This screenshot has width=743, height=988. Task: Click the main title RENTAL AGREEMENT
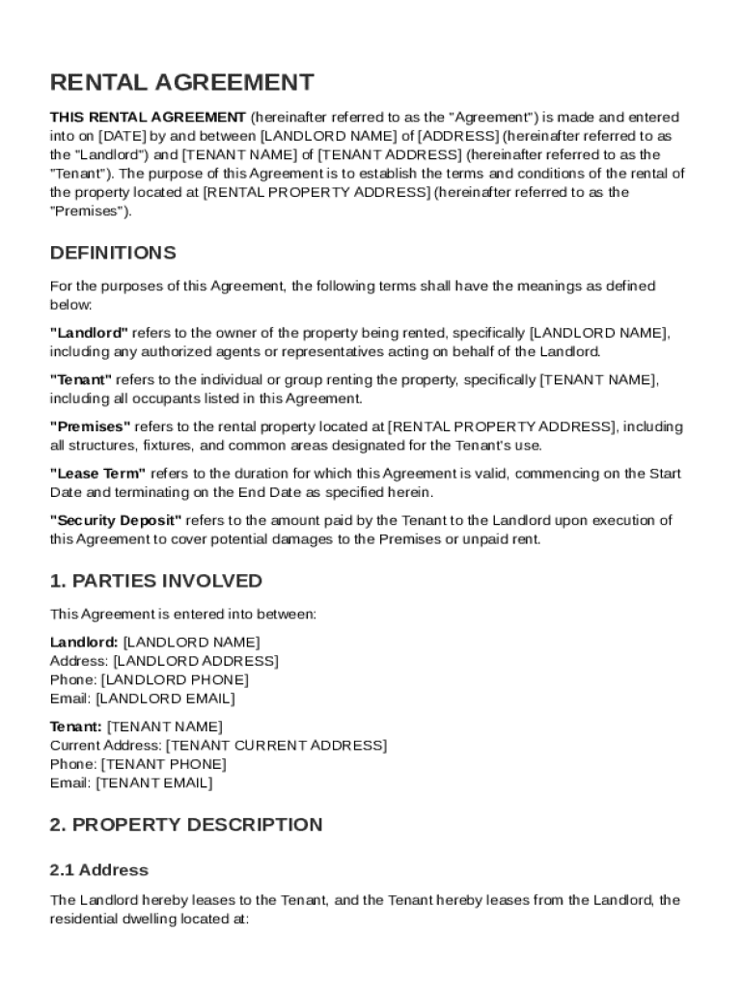181,83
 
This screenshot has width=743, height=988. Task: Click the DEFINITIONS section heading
113,253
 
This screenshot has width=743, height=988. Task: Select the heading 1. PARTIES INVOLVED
155,581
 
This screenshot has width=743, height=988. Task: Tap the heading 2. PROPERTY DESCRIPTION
186,825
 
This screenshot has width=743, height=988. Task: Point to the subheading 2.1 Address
98,870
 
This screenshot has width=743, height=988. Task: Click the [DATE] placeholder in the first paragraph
124,136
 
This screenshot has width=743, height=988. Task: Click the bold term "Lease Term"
97,473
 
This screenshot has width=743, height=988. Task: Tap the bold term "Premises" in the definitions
90,426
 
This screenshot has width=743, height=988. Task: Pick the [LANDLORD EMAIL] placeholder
165,699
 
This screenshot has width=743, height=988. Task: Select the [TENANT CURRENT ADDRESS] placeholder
276,746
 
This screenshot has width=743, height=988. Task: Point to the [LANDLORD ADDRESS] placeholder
196,661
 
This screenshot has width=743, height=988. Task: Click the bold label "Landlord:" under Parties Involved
84,642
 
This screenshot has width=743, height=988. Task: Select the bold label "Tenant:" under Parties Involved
75,727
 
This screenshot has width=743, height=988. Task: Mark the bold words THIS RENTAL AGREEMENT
148,117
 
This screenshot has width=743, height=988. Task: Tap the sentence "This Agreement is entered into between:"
182,614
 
